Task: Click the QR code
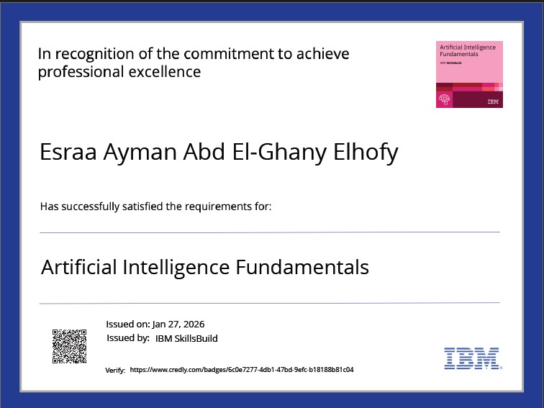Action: (69, 346)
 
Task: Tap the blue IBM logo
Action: (473, 358)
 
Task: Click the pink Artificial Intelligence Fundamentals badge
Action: (469, 74)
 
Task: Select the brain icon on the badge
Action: (445, 99)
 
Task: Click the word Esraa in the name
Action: (68, 152)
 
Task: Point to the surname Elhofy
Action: (366, 153)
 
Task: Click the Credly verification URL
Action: (242, 369)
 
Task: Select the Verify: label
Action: (115, 370)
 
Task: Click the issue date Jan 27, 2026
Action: (178, 324)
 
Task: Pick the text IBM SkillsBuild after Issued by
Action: (186, 338)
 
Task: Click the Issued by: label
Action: (128, 338)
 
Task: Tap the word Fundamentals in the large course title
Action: (302, 267)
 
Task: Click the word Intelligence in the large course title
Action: (176, 268)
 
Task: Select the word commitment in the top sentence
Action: (229, 54)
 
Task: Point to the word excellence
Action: (165, 72)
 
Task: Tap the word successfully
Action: (90, 207)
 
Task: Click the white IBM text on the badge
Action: (493, 101)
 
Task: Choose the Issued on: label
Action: (128, 324)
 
